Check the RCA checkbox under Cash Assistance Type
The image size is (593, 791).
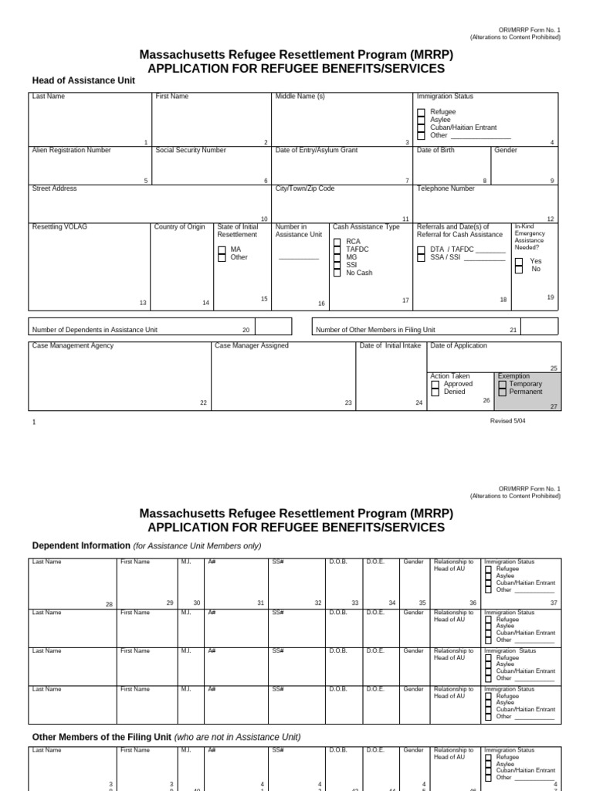(337, 242)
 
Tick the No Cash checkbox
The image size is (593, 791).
(337, 273)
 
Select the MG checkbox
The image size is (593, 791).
(337, 257)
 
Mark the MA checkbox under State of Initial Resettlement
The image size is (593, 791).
(222, 250)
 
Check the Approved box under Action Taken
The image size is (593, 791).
(435, 384)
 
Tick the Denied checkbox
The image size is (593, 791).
(435, 392)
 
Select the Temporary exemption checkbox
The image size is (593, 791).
(503, 384)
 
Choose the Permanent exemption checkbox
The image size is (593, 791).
(503, 392)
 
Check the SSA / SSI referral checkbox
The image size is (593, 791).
(421, 257)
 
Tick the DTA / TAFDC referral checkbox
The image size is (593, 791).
(421, 250)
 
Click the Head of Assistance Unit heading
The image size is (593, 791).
(83, 80)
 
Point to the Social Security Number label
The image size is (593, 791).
(191, 150)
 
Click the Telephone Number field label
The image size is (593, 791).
(446, 188)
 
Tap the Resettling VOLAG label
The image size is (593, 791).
(60, 226)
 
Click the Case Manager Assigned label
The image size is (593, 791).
(252, 345)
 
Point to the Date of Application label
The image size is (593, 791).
(459, 345)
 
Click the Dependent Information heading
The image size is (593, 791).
(80, 545)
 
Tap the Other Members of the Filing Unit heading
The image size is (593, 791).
(101, 736)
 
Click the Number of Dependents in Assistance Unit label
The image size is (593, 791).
(94, 330)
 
